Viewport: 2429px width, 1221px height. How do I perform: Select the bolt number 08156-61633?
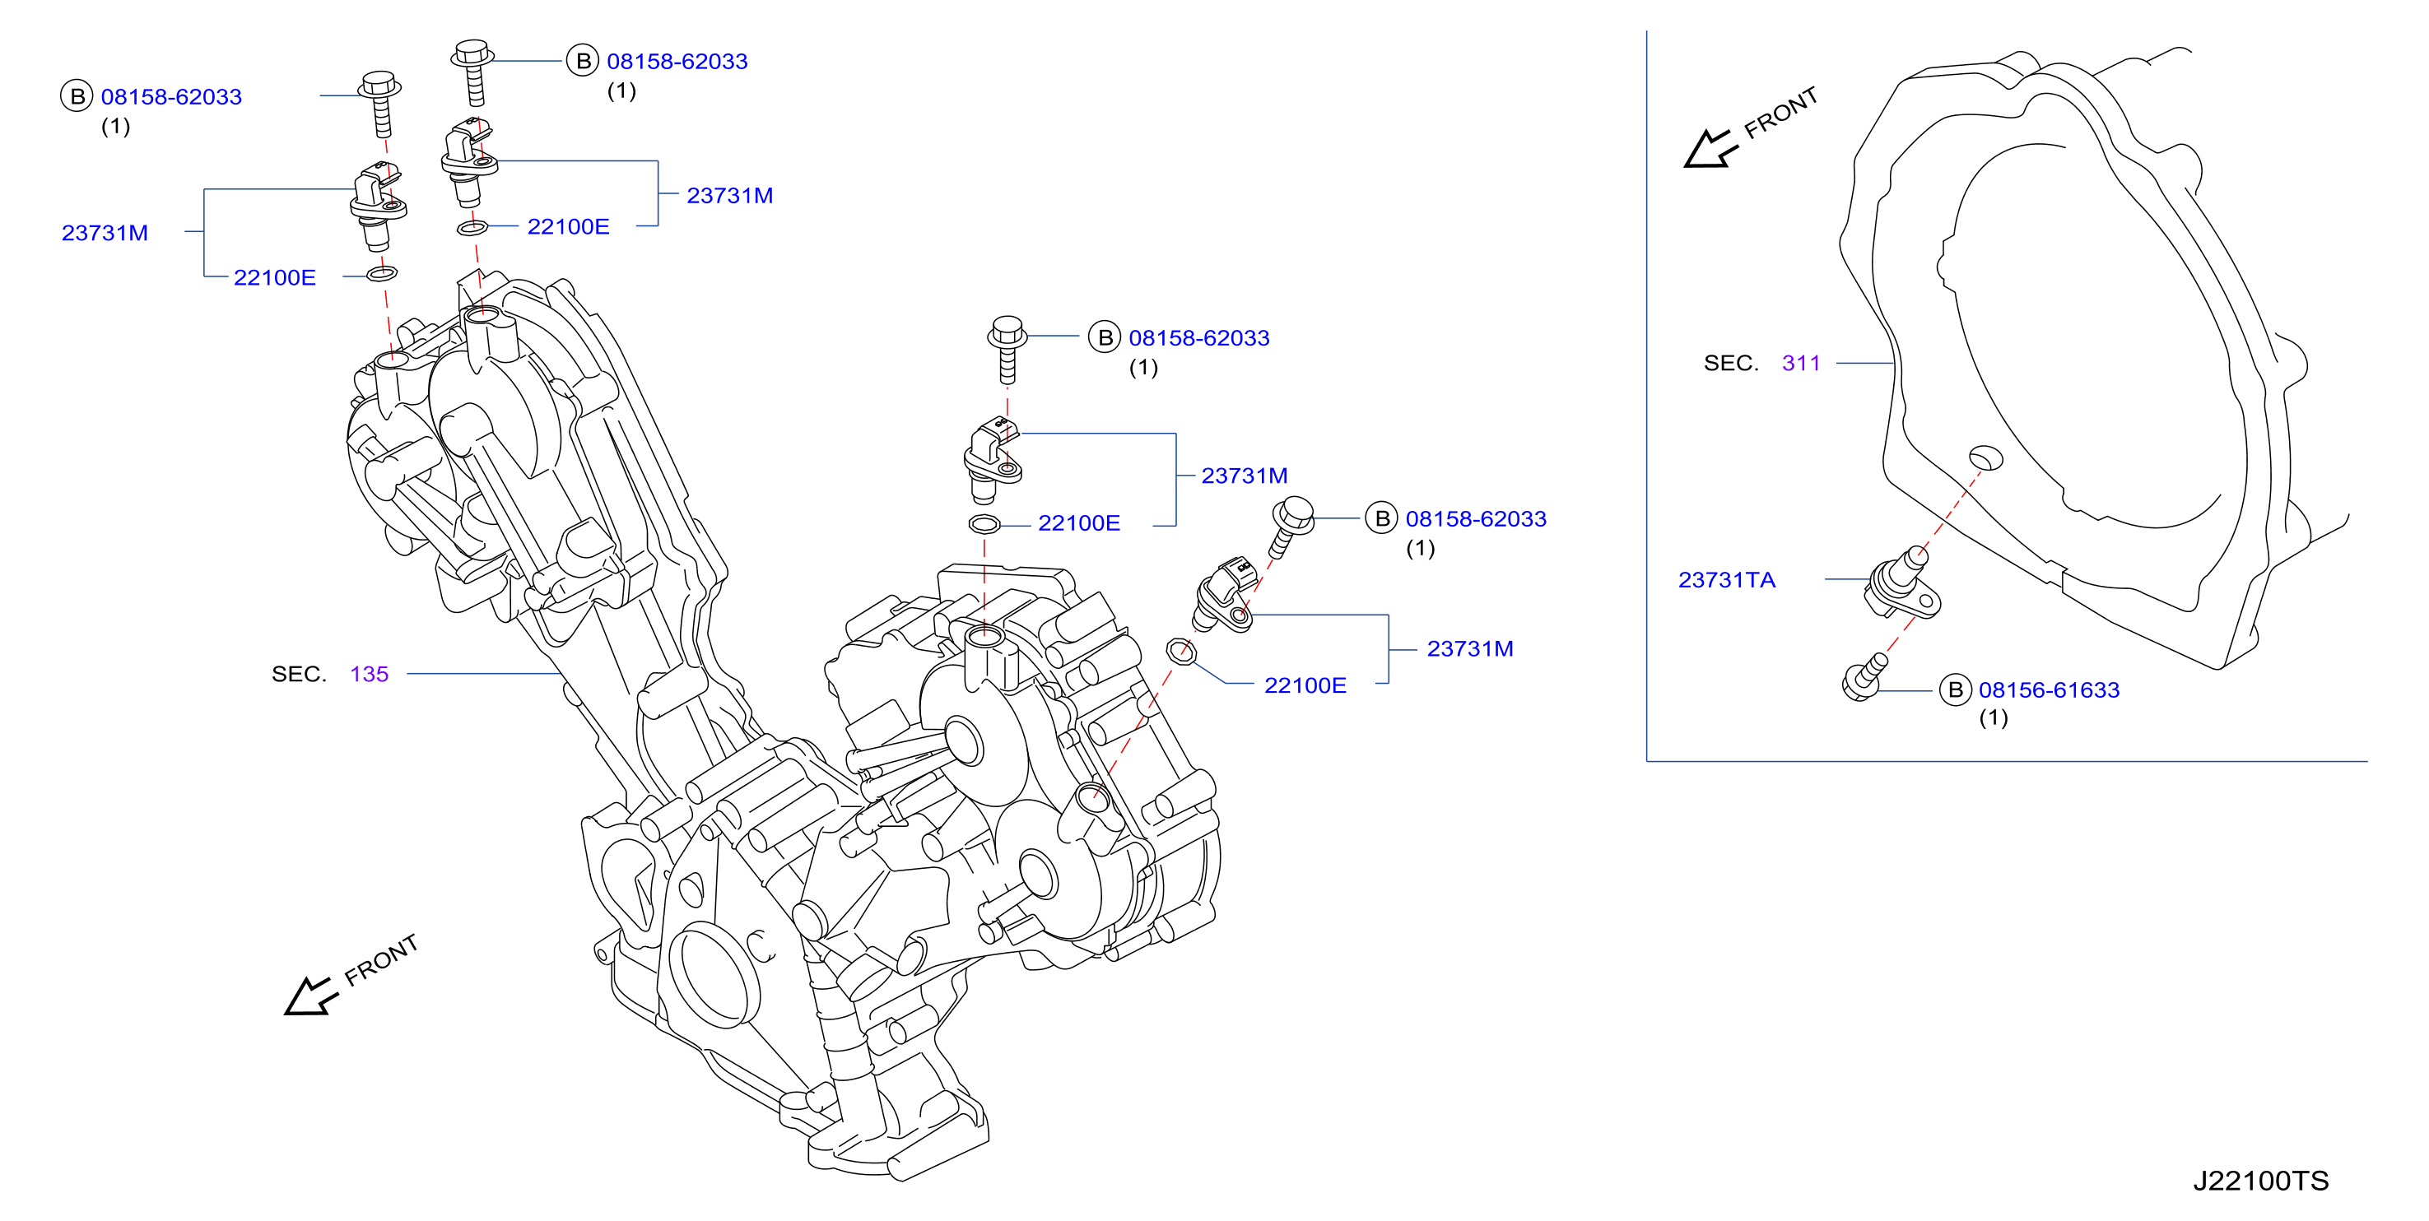[x=2048, y=690]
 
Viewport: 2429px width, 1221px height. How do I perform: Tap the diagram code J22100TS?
[x=2260, y=1181]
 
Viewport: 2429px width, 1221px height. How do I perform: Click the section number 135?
[x=369, y=674]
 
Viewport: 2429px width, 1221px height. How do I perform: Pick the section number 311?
[x=1800, y=363]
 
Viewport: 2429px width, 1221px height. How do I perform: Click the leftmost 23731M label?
[x=105, y=233]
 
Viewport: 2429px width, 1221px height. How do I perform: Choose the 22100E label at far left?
[x=274, y=277]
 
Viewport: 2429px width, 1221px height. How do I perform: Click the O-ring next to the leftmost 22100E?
[x=382, y=274]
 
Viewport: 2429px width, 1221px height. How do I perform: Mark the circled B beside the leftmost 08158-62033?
[x=77, y=96]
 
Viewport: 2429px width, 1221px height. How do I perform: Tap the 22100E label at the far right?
[x=1305, y=685]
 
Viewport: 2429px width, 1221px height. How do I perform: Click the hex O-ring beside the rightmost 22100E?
[x=1180, y=651]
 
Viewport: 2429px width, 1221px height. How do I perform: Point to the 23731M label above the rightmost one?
[x=1244, y=476]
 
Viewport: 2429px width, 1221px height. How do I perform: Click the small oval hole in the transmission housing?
[x=1986, y=457]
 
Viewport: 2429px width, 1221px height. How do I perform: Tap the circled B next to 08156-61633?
[x=1955, y=690]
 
